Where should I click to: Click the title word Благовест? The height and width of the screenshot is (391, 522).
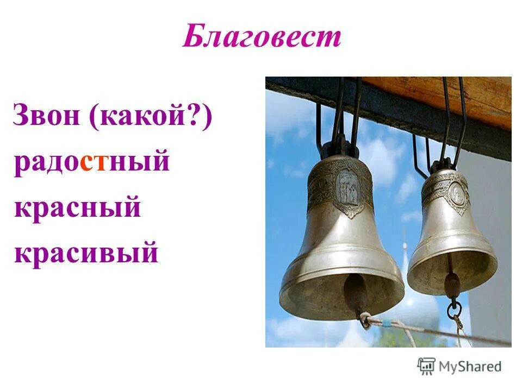(262, 37)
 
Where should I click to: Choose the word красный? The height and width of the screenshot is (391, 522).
(77, 208)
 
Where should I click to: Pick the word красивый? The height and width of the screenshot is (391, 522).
(86, 253)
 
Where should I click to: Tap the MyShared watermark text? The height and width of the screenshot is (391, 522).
(470, 366)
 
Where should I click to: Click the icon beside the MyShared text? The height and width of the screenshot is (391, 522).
(427, 366)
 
